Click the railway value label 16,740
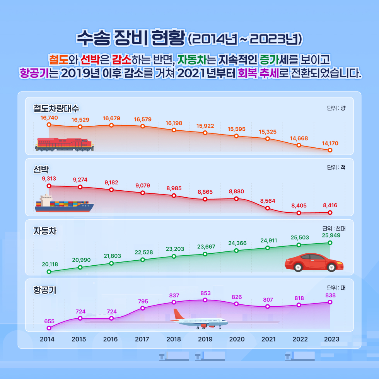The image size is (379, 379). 49,118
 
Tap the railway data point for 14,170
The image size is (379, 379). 330,150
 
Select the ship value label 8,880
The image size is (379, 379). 236,191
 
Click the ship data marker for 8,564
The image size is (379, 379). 268,208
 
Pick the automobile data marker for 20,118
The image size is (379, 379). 49,271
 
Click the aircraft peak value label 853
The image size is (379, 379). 205,294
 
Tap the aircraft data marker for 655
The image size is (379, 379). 49,328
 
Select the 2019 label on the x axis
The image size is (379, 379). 205,340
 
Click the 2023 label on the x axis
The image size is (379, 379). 331,340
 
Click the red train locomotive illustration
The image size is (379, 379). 65,144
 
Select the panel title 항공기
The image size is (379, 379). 45,290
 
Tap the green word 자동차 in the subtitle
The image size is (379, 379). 193,60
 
